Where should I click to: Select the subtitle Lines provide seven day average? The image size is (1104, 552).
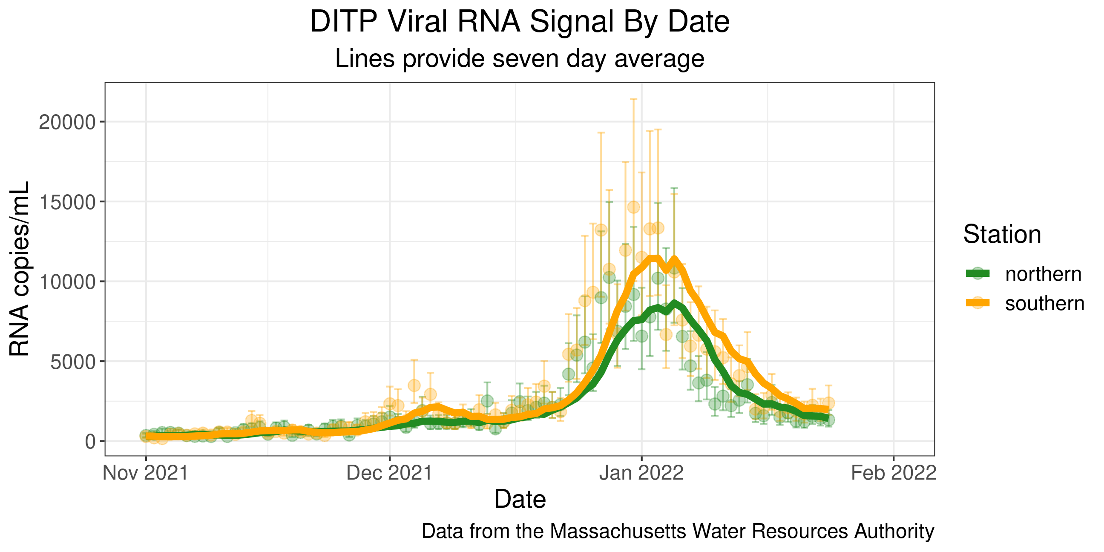[x=520, y=58]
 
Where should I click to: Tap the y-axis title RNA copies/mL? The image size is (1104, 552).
[x=20, y=269]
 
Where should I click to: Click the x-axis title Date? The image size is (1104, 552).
[x=520, y=499]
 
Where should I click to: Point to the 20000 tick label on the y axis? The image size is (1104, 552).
[x=67, y=123]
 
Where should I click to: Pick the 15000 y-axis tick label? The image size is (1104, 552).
[x=67, y=202]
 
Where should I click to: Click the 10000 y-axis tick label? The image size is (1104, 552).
[x=67, y=282]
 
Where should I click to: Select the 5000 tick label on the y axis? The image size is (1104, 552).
[x=72, y=362]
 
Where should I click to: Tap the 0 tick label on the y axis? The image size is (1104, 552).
[x=90, y=441]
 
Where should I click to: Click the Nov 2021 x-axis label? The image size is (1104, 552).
[x=146, y=473]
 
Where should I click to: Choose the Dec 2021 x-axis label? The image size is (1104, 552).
[x=389, y=473]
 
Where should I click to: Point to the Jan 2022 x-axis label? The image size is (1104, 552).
[x=641, y=473]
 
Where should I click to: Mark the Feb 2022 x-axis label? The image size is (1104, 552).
[x=894, y=473]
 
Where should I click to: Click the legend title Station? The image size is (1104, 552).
[x=1002, y=234]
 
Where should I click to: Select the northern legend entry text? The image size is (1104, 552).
[x=1043, y=274]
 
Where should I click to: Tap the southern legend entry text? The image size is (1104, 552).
[x=1045, y=303]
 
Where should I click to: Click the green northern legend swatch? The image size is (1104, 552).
[x=977, y=274]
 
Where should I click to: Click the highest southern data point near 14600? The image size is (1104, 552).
[x=633, y=207]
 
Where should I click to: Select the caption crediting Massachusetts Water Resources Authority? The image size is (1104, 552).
[x=678, y=532]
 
